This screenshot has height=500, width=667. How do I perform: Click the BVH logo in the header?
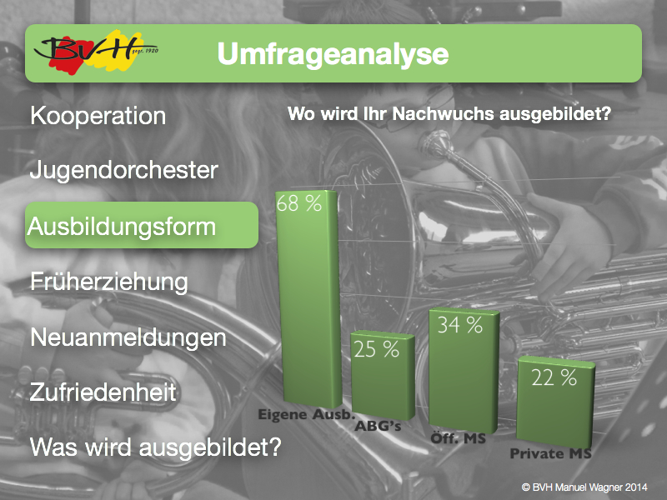pyautogui.click(x=96, y=52)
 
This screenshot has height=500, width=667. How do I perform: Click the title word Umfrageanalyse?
pyautogui.click(x=333, y=54)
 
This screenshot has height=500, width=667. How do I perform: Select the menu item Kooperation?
pyautogui.click(x=98, y=116)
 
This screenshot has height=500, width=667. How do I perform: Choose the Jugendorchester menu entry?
pyautogui.click(x=123, y=170)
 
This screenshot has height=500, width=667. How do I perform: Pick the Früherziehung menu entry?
pyautogui.click(x=109, y=282)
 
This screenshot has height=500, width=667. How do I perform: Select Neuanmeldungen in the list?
pyautogui.click(x=128, y=337)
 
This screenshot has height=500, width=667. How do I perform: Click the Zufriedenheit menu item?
pyautogui.click(x=103, y=392)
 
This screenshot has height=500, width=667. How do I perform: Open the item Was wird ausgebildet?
pyautogui.click(x=156, y=447)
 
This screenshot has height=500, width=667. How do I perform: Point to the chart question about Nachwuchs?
pyautogui.click(x=449, y=114)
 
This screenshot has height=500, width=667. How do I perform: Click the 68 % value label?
pyautogui.click(x=299, y=203)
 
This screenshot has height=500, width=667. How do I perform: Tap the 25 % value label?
pyautogui.click(x=377, y=349)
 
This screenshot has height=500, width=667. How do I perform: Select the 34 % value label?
pyautogui.click(x=460, y=325)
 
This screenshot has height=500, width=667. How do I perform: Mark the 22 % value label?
pyautogui.click(x=554, y=377)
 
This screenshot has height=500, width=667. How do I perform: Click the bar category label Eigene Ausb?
pyautogui.click(x=306, y=414)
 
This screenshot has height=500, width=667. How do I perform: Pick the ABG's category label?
pyautogui.click(x=379, y=426)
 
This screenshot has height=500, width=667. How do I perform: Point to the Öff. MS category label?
pyautogui.click(x=458, y=438)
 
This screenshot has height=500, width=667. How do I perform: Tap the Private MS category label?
pyautogui.click(x=551, y=453)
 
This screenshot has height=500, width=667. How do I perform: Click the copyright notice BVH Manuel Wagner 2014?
pyautogui.click(x=584, y=487)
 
